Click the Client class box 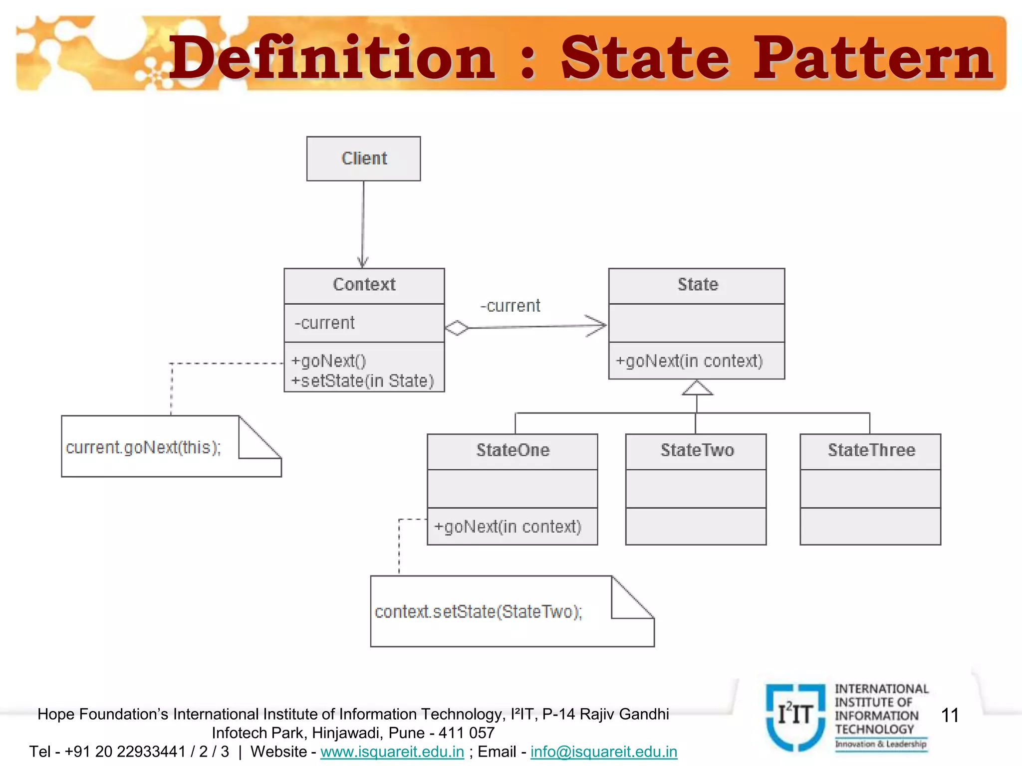click(x=363, y=159)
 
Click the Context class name click(x=364, y=285)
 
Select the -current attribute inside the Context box click(x=324, y=323)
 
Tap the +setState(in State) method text click(x=362, y=381)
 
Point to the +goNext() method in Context click(x=328, y=361)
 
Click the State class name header click(x=697, y=285)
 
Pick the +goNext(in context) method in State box click(x=689, y=361)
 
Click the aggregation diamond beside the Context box click(x=457, y=328)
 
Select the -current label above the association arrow click(x=510, y=306)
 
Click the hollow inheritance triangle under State click(x=697, y=388)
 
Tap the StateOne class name click(x=512, y=450)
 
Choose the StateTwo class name click(x=697, y=450)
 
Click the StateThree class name click(x=871, y=450)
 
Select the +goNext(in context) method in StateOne click(x=508, y=527)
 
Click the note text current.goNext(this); click(x=143, y=447)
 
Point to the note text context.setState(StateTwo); click(x=479, y=611)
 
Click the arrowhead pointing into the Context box click(x=363, y=262)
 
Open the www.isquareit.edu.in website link click(x=392, y=752)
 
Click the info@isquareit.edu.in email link click(x=604, y=752)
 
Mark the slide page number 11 click(x=950, y=716)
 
